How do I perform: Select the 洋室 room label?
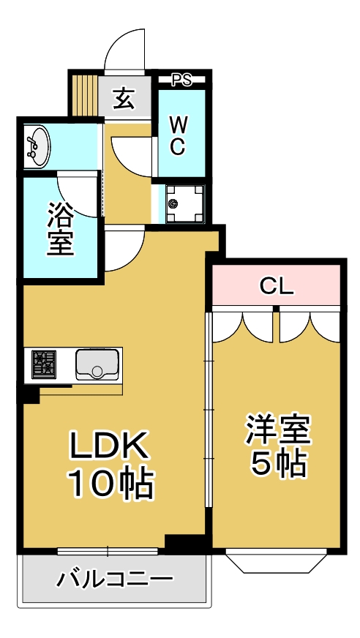pyautogui.click(x=278, y=430)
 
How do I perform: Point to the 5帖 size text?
pyautogui.click(x=278, y=464)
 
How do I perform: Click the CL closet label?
pyautogui.click(x=277, y=287)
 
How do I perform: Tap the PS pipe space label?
pyautogui.click(x=181, y=80)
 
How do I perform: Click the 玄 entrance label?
pyautogui.click(x=124, y=99)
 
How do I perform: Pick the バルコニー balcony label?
pyautogui.click(x=116, y=580)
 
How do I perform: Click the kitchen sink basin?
pyautogui.click(x=97, y=364)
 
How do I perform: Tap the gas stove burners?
pyautogui.click(x=45, y=364)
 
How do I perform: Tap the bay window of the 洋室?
pyautogui.click(x=277, y=560)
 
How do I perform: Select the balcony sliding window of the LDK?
pyautogui.click(x=108, y=550)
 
